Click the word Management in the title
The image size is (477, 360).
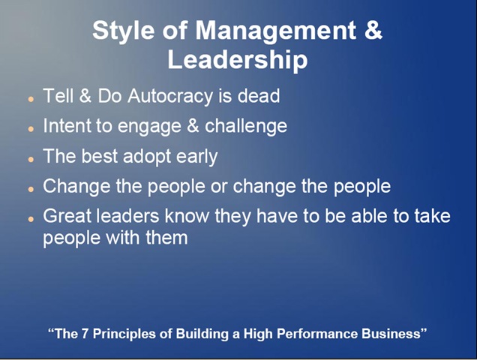point(275,31)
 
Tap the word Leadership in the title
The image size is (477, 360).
point(238,60)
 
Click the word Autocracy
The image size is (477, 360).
point(170,97)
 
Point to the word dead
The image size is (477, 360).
point(259,96)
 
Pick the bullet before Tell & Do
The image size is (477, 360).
point(31,99)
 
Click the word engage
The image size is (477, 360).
point(149,127)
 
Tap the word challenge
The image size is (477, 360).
point(246,126)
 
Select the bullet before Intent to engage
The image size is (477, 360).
point(31,129)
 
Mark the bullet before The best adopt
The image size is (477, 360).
point(31,159)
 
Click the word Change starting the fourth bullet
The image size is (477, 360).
point(76,187)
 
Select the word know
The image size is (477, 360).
point(187,216)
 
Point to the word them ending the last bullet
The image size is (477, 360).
point(166,237)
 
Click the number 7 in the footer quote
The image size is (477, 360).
point(85,334)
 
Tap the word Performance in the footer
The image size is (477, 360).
point(316,334)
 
